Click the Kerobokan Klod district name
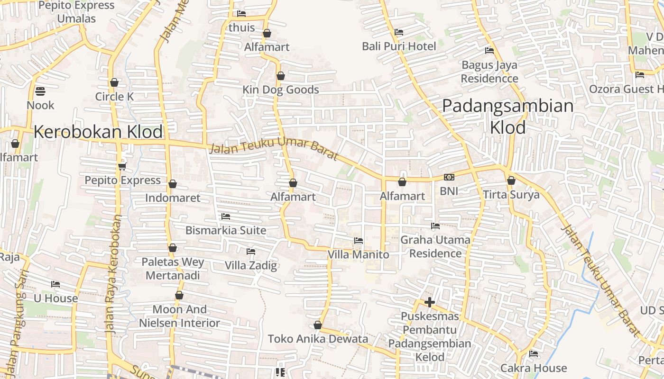98,132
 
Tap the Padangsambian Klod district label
507,116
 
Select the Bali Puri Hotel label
399,46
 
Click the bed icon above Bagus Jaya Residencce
489,51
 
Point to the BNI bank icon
449,177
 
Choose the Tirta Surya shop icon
511,180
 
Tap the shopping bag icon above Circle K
114,82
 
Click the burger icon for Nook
40,91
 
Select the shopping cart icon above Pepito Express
122,166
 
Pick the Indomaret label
173,198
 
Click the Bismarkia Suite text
226,231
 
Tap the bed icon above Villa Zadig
250,251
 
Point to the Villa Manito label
358,255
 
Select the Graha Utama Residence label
435,246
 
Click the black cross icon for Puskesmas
430,302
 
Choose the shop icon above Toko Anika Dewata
318,325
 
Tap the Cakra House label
534,368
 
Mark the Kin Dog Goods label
281,90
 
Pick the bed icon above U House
55,284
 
